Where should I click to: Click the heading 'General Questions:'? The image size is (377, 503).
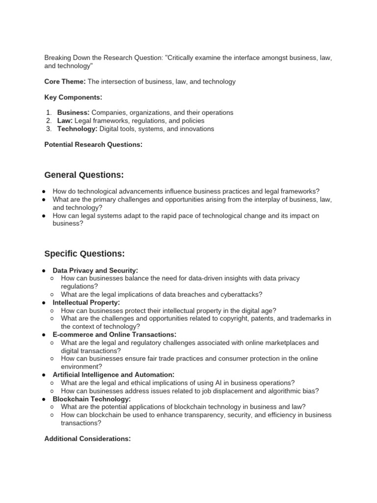tap(84, 175)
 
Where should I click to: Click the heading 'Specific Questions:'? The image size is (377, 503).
tap(84, 253)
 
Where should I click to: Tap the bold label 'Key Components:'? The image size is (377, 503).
tap(73, 97)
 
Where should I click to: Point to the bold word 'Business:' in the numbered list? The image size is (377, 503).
tap(73, 112)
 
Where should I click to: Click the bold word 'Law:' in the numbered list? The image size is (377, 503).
tap(65, 121)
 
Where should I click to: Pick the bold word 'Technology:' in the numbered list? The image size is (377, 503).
tap(78, 129)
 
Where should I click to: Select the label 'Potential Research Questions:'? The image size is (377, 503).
tap(93, 144)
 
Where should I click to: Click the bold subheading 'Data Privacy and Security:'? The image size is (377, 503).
tap(95, 270)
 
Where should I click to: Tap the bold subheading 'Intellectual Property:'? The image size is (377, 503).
tap(86, 303)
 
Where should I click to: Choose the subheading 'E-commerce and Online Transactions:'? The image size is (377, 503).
tap(113, 335)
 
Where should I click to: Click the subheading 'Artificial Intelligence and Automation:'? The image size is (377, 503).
tap(113, 375)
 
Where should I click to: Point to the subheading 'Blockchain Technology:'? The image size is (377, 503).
tap(91, 399)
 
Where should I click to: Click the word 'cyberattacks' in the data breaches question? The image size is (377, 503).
tap(242, 295)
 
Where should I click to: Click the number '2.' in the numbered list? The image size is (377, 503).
tap(49, 121)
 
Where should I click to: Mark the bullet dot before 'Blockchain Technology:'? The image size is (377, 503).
tap(44, 399)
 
